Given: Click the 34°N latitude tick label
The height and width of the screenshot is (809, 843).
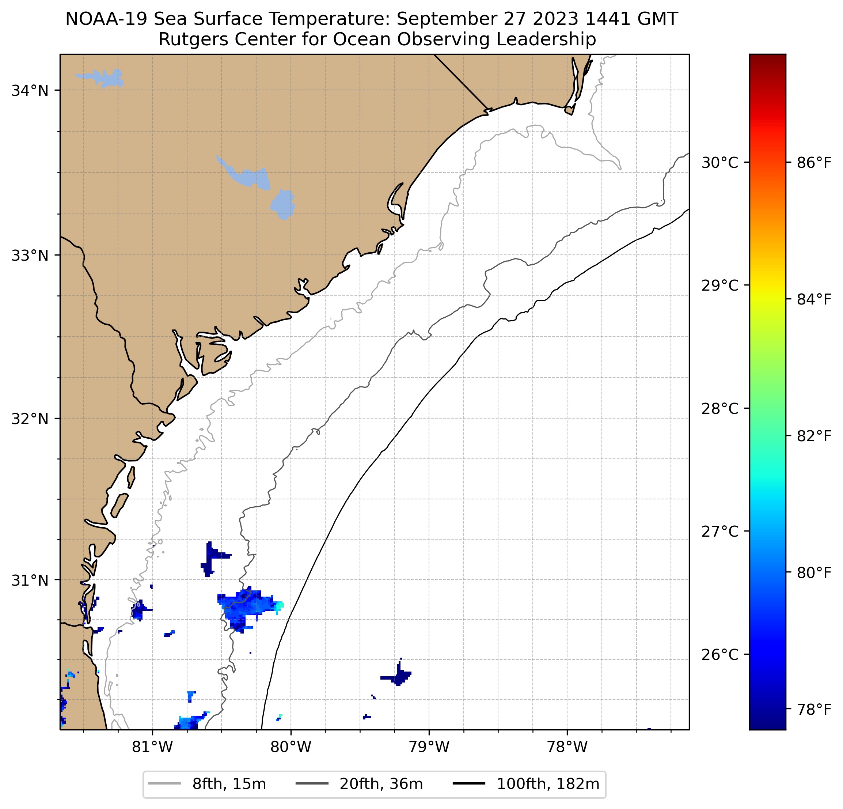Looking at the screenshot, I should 30,91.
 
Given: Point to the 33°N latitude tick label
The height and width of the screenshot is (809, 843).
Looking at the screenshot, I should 30,255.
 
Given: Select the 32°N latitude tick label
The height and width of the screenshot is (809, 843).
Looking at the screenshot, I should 30,418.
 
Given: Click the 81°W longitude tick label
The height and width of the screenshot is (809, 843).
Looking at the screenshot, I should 152,747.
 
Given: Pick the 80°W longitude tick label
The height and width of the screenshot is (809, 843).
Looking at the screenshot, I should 291,747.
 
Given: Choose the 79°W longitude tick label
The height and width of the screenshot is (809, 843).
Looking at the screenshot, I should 429,747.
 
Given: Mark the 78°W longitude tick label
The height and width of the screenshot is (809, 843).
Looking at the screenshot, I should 567,747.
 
